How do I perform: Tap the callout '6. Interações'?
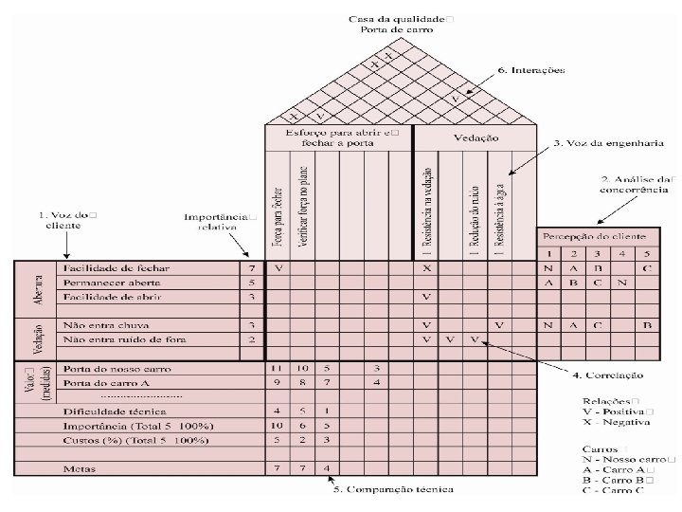coord(531,70)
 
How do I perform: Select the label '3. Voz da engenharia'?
coord(595,143)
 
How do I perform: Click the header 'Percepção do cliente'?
coord(595,234)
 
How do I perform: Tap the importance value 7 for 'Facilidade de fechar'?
coord(250,268)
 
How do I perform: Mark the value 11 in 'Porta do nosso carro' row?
coord(278,368)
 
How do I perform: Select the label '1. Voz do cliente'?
coord(67,220)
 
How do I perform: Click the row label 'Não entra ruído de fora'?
coord(123,338)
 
